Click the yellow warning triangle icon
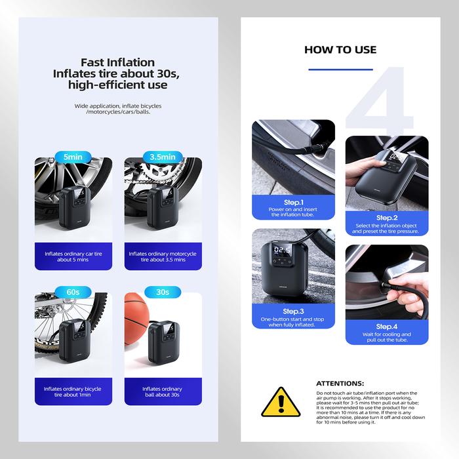pos(281,402)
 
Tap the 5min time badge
pos(73,157)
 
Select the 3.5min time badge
pos(163,157)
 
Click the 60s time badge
pos(73,292)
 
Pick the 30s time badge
pos(163,292)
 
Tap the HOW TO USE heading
pos(340,50)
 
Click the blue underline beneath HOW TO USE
pos(341,70)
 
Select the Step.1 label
pos(294,202)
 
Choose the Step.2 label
pos(387,218)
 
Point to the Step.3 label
pos(293,311)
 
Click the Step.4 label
pos(387,327)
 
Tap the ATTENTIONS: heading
pos(340,384)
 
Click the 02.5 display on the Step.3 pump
pos(283,250)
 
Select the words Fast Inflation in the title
pos(117,62)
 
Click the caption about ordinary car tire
pos(73,257)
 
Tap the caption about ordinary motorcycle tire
pos(163,257)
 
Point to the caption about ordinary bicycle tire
pos(73,391)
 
